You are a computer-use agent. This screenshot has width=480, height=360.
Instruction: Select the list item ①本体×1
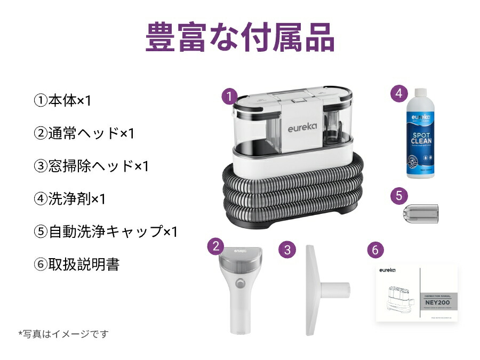coord(63,101)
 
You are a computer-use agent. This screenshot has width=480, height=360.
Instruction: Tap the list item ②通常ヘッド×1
coord(84,133)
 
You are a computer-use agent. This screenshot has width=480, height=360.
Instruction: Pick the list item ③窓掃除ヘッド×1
coord(91,166)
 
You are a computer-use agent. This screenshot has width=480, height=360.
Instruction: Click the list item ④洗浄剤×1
coord(70,199)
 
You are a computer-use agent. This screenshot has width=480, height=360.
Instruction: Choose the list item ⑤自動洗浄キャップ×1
coord(106,232)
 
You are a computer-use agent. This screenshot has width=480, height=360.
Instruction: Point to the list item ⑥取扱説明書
coord(76,265)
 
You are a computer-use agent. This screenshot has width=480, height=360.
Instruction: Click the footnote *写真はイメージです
coord(63,334)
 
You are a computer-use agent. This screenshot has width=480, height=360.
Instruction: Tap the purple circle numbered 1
coord(229,97)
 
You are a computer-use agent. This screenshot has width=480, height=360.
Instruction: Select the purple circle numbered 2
coord(215,246)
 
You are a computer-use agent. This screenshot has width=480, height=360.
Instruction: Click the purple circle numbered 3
coord(287,249)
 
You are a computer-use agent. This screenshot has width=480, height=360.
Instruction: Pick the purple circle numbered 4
coord(398,93)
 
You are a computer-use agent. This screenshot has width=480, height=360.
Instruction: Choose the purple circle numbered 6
coord(375,249)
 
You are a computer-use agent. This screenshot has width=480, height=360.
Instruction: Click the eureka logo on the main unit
coord(302,129)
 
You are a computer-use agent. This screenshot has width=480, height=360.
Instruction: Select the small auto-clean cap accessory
coord(420,213)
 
